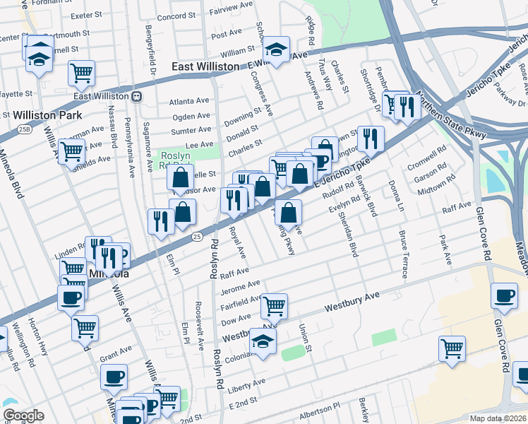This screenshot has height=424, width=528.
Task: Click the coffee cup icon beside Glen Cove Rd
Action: (x=504, y=296)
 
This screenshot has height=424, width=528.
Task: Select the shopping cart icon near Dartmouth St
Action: (x=82, y=72)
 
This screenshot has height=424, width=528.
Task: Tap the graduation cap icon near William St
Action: (x=275, y=49)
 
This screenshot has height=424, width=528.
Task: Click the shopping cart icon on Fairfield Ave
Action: (x=274, y=306)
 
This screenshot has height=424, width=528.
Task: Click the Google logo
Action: (x=23, y=416)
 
